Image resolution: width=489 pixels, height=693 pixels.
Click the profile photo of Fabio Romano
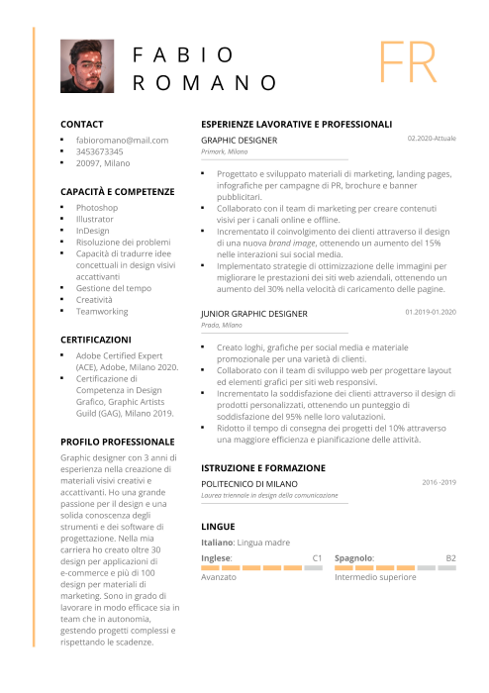click(x=87, y=67)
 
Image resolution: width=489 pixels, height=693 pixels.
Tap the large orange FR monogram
click(x=407, y=63)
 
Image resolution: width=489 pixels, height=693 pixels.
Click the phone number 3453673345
click(x=100, y=151)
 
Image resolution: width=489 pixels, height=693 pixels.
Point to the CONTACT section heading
click(x=82, y=124)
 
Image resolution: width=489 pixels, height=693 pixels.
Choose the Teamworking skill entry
click(x=102, y=311)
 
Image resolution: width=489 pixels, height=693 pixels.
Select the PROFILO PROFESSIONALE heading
click(x=118, y=441)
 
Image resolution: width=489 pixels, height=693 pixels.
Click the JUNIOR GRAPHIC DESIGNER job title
click(x=254, y=313)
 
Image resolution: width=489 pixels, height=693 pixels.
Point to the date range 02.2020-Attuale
click(x=432, y=139)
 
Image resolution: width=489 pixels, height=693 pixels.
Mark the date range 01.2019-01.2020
click(x=431, y=312)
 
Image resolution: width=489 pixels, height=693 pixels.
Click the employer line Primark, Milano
click(x=225, y=152)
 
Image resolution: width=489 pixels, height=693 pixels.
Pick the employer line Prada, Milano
click(x=221, y=325)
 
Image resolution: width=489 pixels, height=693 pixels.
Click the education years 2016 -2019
click(x=439, y=482)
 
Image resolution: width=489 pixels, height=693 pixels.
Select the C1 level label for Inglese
click(x=318, y=558)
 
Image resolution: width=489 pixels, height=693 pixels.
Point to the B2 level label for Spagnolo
click(x=450, y=558)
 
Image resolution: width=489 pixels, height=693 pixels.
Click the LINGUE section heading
click(x=218, y=526)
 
